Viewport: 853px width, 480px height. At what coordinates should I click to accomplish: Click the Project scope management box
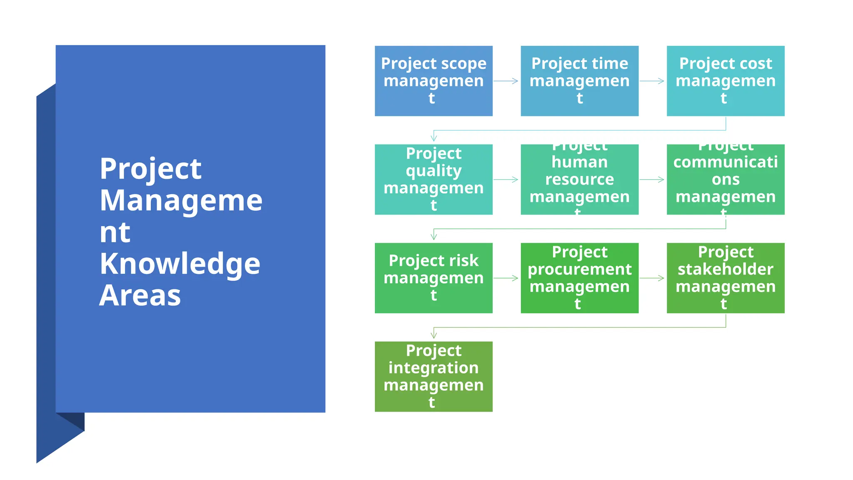tap(433, 81)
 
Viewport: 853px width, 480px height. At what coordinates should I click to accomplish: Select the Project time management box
tap(579, 81)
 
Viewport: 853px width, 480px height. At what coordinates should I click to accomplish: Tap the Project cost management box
tap(725, 81)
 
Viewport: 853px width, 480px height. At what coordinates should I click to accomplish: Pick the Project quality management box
tap(433, 179)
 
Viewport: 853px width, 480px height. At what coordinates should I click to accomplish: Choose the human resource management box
tap(579, 179)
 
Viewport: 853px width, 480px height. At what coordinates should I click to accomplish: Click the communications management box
tap(725, 179)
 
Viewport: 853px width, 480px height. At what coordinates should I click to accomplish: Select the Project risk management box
tap(433, 278)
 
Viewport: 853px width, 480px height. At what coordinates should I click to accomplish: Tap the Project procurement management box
tap(579, 278)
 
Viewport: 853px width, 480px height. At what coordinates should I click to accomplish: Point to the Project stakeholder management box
tap(725, 278)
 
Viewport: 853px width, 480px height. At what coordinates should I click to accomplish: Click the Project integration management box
tap(433, 376)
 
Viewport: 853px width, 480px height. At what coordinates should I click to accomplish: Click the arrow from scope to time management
tap(506, 81)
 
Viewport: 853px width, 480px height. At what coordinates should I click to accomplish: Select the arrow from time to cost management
tap(652, 81)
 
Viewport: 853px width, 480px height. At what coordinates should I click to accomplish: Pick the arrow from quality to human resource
tap(506, 180)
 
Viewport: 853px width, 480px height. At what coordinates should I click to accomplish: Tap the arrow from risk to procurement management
tap(506, 278)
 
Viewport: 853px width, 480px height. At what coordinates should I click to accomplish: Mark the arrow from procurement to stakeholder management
tap(652, 278)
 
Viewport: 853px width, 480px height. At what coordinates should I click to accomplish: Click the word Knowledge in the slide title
tap(180, 264)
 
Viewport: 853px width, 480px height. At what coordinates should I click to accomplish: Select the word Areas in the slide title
tap(140, 295)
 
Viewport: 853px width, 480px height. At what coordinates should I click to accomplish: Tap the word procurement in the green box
tap(579, 270)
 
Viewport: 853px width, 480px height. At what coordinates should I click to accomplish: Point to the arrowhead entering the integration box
tap(434, 335)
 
